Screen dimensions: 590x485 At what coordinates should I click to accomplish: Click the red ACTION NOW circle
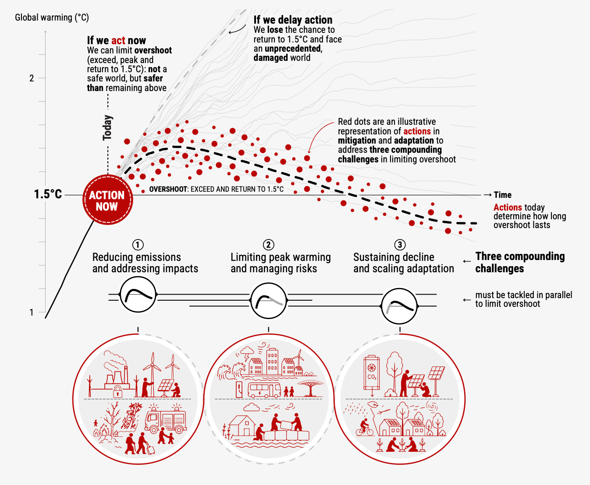click(108, 200)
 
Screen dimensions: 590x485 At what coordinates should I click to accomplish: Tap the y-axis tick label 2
click(32, 78)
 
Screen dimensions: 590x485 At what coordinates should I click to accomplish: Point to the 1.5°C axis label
click(48, 194)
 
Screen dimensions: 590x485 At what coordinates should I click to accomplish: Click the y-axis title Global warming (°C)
click(52, 18)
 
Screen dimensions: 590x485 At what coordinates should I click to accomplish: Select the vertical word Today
click(108, 128)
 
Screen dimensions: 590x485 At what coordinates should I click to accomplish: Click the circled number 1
click(138, 245)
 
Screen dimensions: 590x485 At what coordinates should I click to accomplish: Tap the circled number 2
click(269, 245)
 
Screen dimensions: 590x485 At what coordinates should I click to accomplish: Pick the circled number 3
click(400, 245)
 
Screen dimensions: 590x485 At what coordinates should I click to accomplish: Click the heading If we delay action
click(293, 20)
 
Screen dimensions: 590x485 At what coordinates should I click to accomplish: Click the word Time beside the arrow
click(502, 195)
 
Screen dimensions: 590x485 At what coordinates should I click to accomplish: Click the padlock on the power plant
click(117, 391)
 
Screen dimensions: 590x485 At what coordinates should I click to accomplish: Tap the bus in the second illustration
click(264, 390)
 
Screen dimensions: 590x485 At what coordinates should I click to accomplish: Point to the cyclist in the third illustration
click(365, 428)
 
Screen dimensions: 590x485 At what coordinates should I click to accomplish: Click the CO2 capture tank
click(372, 373)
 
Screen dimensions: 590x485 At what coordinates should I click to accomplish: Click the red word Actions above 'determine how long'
click(508, 207)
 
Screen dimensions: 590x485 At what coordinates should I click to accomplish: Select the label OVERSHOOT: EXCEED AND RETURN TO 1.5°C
click(216, 189)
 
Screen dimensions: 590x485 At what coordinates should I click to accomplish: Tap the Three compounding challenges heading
click(520, 262)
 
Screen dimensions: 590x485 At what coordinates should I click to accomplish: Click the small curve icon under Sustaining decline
click(399, 306)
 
